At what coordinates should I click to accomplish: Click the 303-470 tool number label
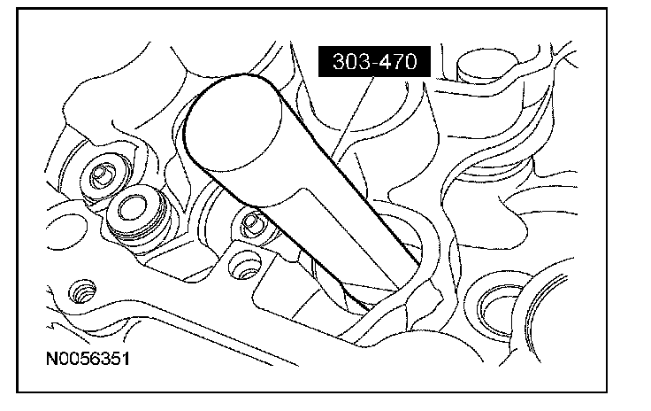coord(374,61)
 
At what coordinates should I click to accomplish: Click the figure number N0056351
coord(88,359)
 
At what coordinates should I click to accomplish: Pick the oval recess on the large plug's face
coord(133,207)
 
